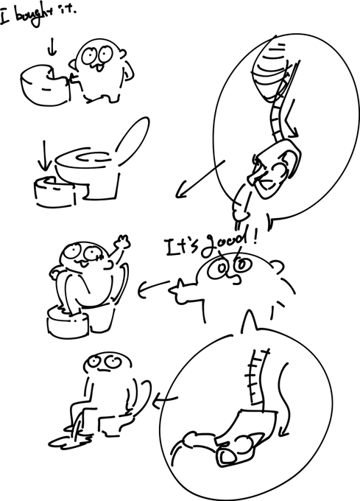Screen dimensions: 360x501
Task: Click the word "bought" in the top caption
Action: [30, 17]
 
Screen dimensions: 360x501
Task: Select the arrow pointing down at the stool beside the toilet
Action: [44, 155]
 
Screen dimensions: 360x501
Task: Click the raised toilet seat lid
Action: [133, 141]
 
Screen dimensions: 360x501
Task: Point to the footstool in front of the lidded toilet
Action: [55, 192]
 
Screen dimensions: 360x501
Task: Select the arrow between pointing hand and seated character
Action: [153, 287]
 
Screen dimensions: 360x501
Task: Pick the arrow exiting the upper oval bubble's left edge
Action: [200, 179]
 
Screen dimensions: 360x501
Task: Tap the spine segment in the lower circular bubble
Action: [257, 377]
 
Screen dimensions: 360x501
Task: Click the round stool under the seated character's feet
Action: [68, 321]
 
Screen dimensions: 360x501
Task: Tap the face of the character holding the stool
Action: [96, 57]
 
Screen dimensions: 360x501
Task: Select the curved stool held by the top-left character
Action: [45, 84]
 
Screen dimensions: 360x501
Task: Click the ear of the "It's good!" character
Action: [277, 267]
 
